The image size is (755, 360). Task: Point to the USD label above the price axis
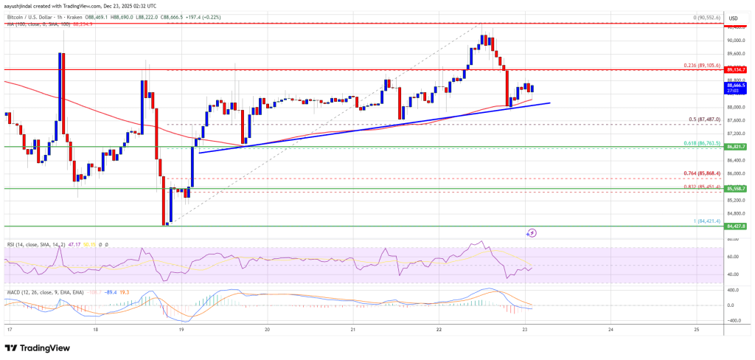(x=734, y=18)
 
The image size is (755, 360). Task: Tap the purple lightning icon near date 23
(x=532, y=232)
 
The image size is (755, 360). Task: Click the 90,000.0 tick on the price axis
(x=734, y=40)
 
